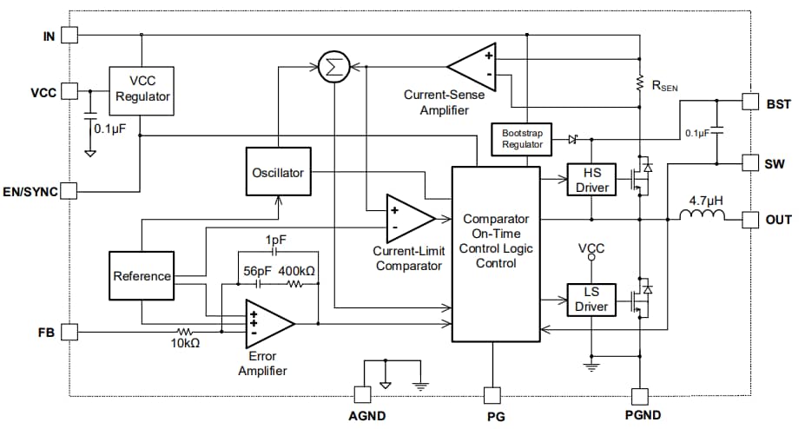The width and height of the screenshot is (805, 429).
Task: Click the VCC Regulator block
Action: coord(142,89)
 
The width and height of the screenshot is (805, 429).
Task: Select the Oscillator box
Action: coord(278,173)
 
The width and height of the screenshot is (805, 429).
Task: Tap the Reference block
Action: coord(142,276)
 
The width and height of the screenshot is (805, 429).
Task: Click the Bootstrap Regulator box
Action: coord(522,139)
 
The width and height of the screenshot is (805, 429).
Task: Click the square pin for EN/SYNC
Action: coord(70,191)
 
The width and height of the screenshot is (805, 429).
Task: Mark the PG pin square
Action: coord(492,395)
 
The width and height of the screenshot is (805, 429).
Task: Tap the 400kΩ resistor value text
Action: coord(297,271)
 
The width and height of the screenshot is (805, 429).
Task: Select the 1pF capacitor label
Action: coord(277,239)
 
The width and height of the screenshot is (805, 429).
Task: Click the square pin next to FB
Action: coord(70,331)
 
